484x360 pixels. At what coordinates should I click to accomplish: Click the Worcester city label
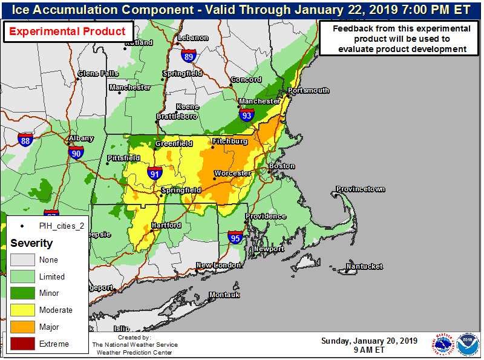[x=232, y=174]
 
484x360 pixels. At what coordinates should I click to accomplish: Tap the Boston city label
[x=282, y=166]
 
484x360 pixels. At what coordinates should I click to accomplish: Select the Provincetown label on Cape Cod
[x=361, y=189]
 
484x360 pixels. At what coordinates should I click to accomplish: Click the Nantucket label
[x=364, y=266]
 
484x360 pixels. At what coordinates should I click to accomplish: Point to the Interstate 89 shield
[x=188, y=56]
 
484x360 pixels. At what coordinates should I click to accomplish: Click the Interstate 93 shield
[x=246, y=115]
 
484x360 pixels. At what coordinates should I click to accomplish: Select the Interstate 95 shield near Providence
[x=236, y=238]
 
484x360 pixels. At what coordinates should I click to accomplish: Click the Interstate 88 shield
[x=25, y=141]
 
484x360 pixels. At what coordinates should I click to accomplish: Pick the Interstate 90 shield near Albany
[x=76, y=154]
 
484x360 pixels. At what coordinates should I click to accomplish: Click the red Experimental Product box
[x=68, y=32]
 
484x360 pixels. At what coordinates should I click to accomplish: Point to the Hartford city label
[x=166, y=226]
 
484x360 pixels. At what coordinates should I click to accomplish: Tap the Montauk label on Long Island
[x=224, y=295]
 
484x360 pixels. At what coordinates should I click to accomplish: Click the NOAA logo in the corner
[x=467, y=344]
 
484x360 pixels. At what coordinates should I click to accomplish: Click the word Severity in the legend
[x=31, y=243]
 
